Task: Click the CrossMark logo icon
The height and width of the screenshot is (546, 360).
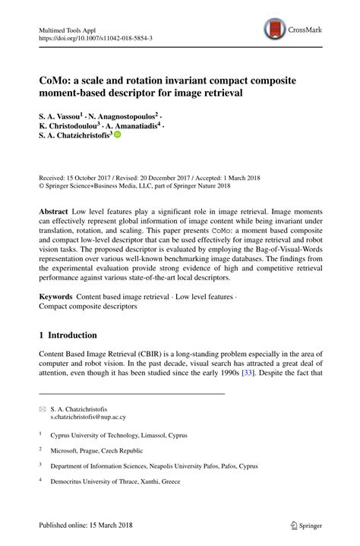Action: pyautogui.click(x=275, y=30)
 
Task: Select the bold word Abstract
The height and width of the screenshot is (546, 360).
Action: pyautogui.click(x=57, y=208)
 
